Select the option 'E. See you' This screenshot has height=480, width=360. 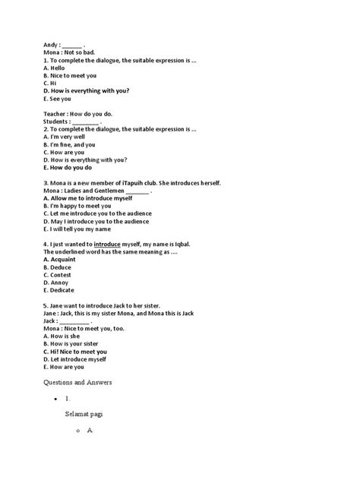(x=58, y=98)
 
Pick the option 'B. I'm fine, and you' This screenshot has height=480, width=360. (x=70, y=144)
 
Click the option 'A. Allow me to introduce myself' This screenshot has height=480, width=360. (x=92, y=198)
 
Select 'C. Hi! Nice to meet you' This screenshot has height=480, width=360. (x=75, y=352)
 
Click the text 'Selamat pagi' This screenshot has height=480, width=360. (x=84, y=414)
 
